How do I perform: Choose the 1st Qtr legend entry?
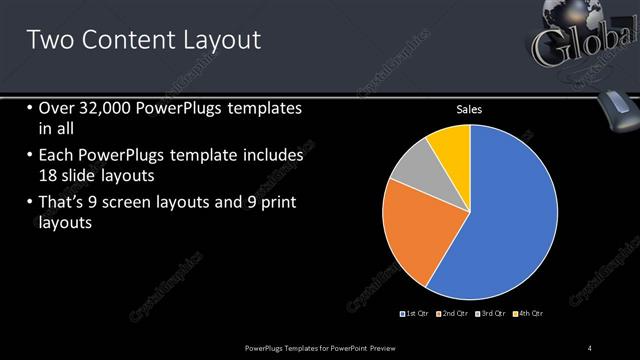(416, 314)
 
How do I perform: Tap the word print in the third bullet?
(276, 203)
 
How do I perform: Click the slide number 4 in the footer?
(590, 347)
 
